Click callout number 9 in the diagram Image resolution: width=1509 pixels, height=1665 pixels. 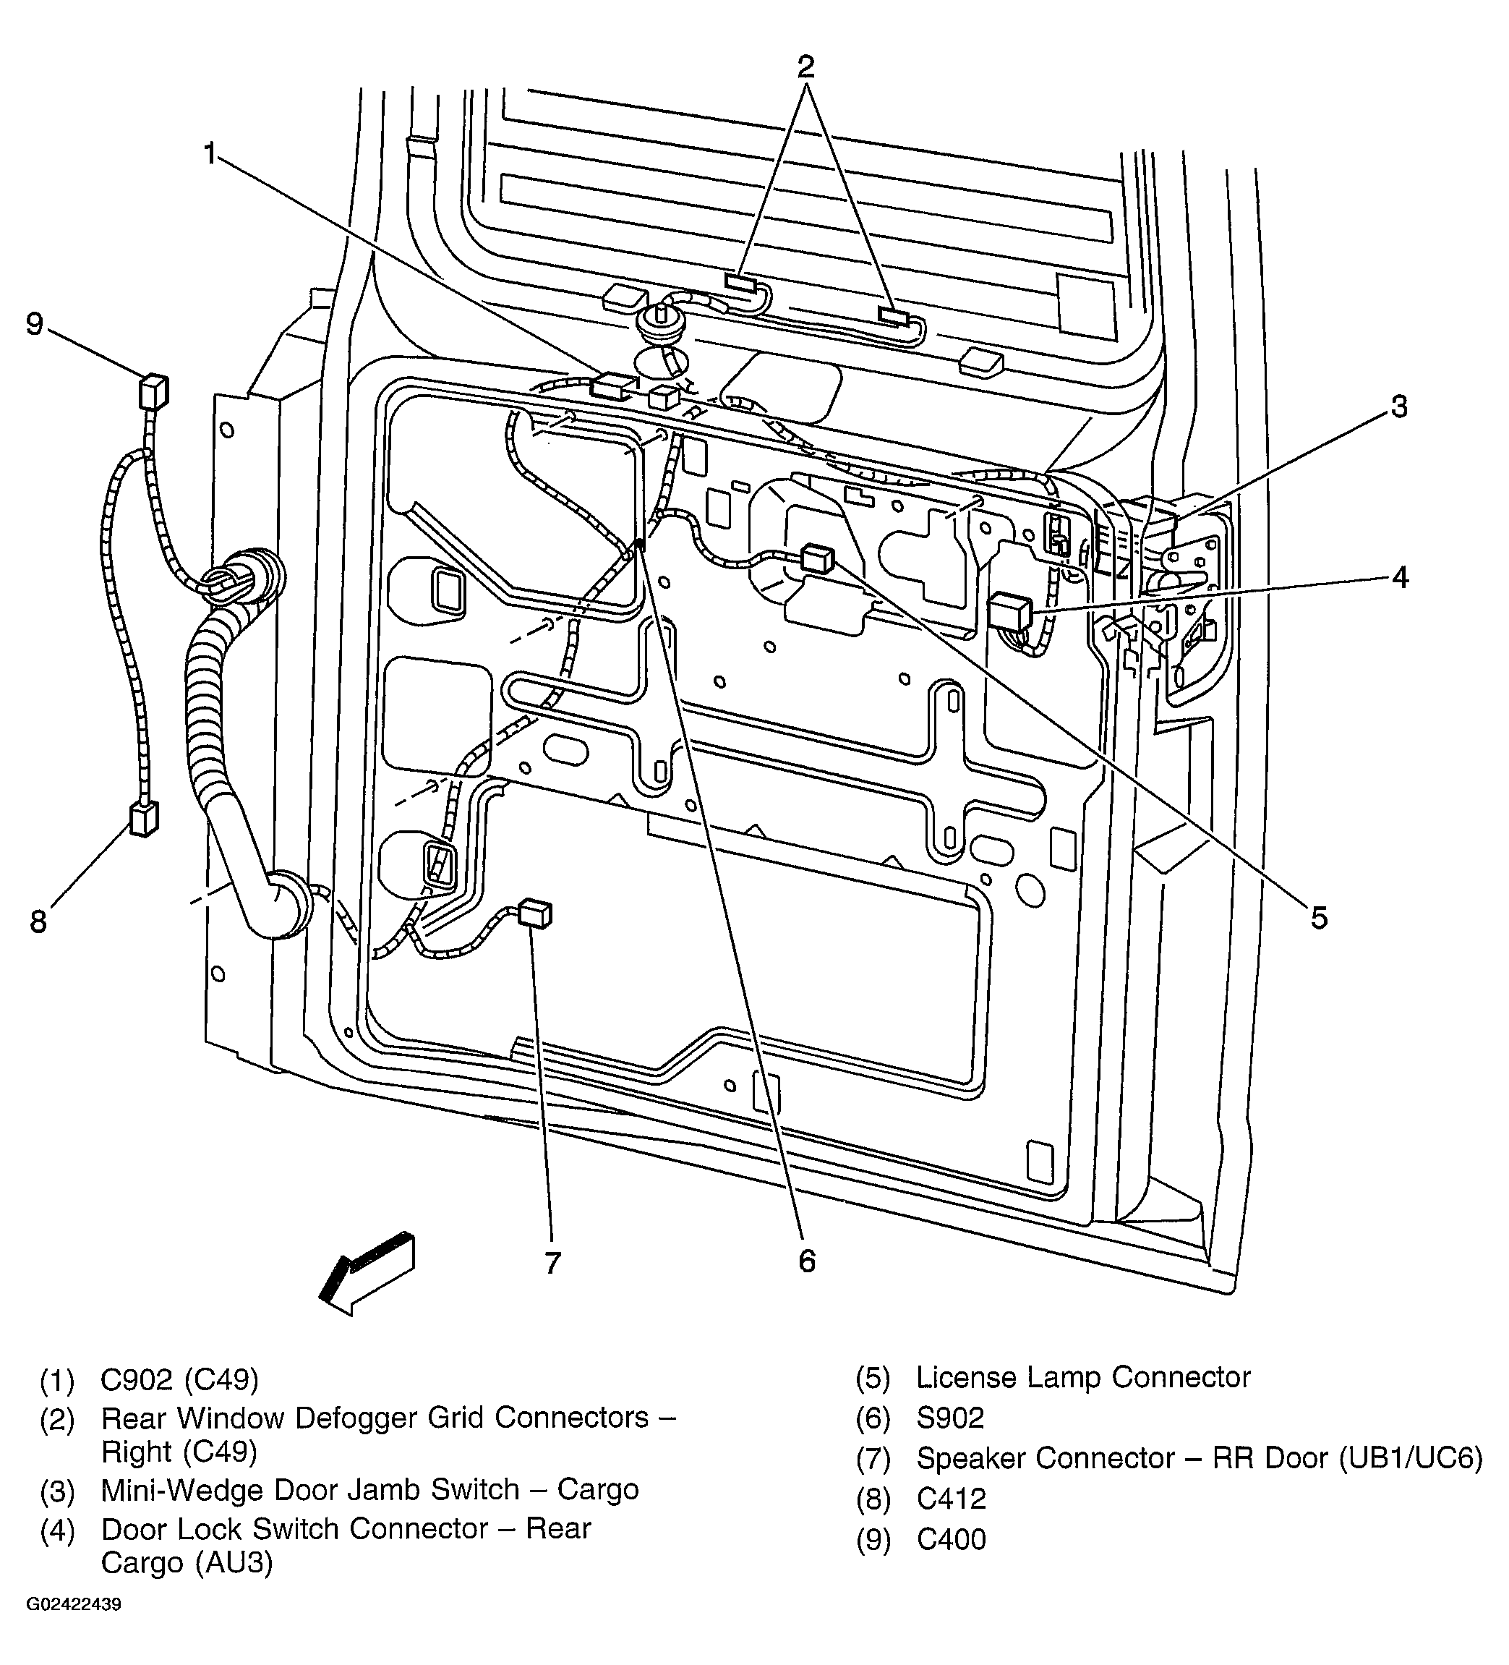tap(35, 325)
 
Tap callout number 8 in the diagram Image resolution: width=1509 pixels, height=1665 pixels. tap(38, 921)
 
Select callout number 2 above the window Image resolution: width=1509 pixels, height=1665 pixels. tap(805, 66)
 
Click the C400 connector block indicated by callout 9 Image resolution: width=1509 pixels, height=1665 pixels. tap(153, 391)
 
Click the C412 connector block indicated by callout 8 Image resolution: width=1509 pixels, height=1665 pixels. tap(143, 819)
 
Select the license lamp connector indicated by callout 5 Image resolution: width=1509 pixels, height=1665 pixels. tap(817, 558)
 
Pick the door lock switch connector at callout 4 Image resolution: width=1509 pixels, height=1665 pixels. tap(1009, 612)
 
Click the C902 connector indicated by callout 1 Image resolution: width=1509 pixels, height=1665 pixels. tap(612, 386)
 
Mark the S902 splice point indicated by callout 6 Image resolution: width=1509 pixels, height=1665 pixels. tap(640, 545)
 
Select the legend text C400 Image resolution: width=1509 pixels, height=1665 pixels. tap(951, 1539)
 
